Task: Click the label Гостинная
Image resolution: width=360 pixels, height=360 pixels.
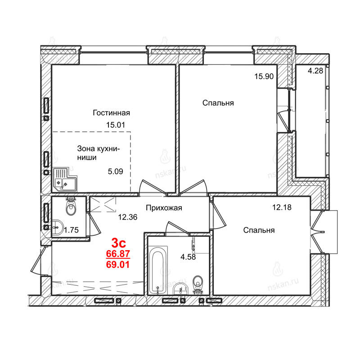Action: (111, 113)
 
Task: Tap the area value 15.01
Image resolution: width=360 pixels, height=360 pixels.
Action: (116, 125)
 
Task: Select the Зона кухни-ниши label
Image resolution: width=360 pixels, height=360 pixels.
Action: (99, 153)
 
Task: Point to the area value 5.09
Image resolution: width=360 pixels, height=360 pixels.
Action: (116, 171)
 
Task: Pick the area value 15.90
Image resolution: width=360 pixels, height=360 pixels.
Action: (264, 76)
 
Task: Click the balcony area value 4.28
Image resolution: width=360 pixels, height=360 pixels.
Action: (315, 71)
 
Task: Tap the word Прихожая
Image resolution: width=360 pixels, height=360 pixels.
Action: (164, 208)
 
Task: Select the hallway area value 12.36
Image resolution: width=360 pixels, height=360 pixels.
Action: (128, 217)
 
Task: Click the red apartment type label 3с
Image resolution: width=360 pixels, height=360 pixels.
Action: (118, 243)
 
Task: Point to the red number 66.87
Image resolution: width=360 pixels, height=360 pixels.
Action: (118, 254)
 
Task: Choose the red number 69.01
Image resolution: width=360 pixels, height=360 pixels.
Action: (118, 265)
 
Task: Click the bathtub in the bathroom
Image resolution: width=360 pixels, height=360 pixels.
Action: (157, 270)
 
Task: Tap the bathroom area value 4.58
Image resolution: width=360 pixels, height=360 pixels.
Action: (188, 256)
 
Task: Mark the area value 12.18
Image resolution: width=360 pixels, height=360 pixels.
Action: (282, 207)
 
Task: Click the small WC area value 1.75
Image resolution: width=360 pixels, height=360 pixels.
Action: (71, 230)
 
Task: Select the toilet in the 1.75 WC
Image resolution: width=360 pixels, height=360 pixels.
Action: (71, 206)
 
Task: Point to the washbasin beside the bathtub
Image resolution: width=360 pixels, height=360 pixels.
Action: (181, 289)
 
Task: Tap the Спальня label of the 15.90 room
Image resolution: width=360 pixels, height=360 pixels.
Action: (218, 103)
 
